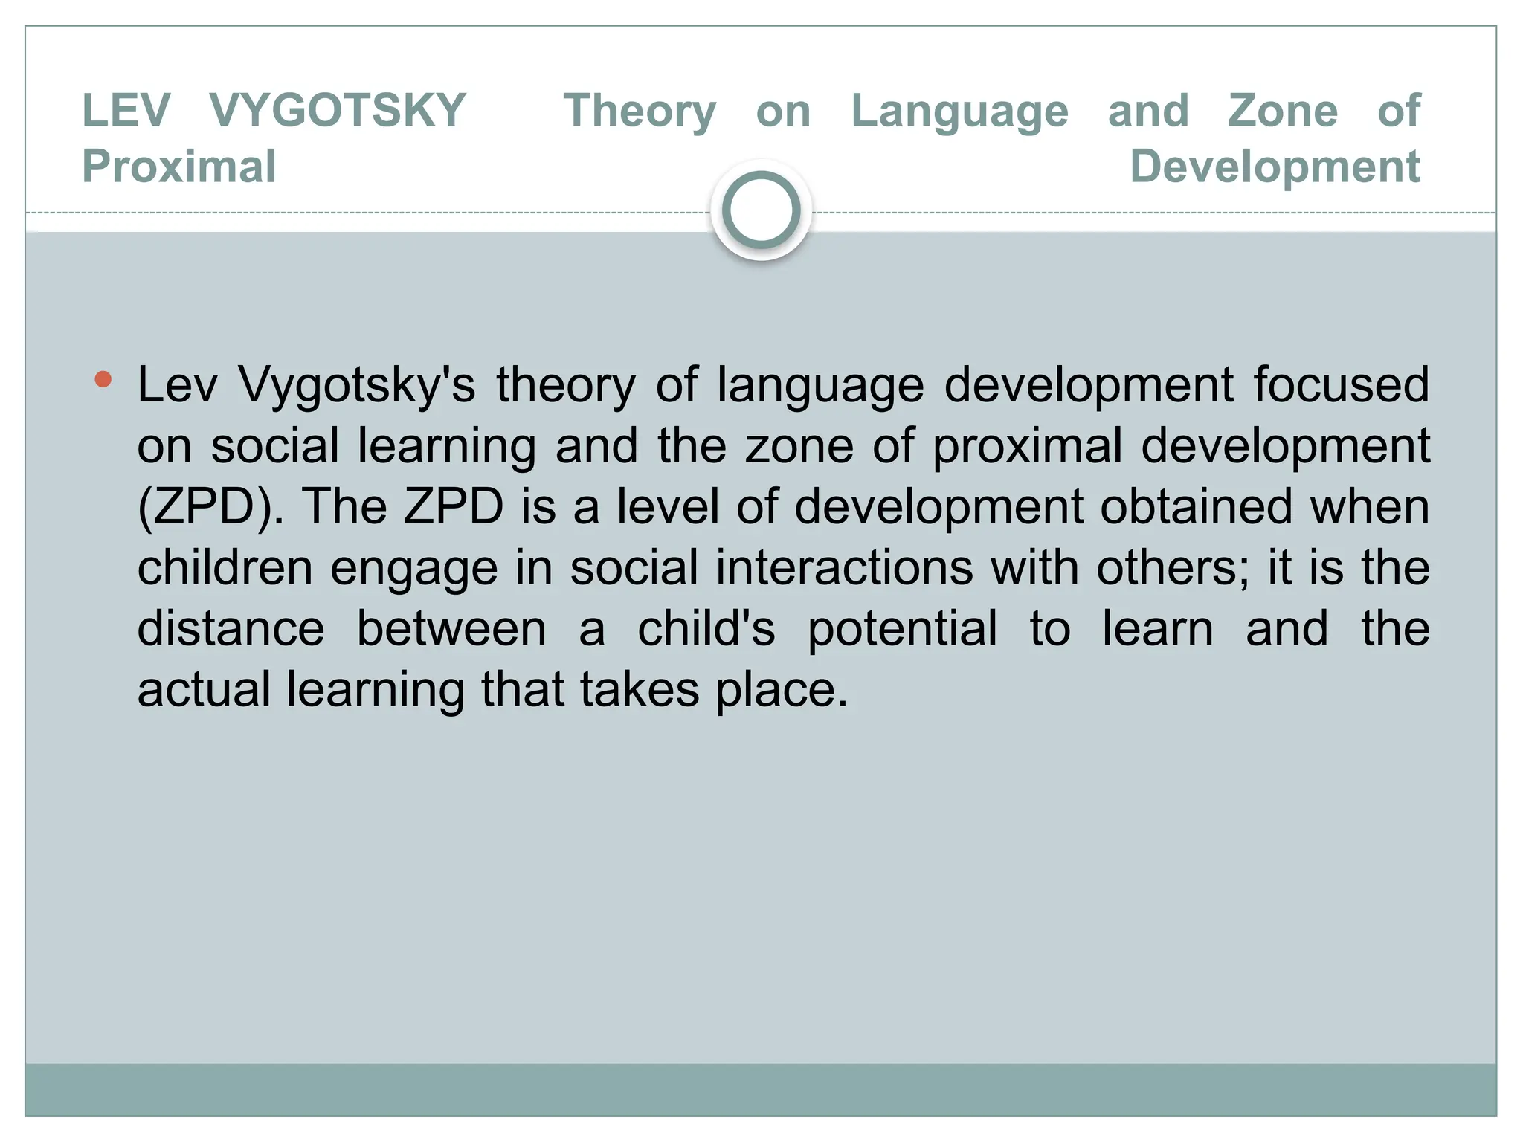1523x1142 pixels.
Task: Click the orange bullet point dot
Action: [x=103, y=381]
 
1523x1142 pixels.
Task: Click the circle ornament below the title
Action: [x=761, y=210]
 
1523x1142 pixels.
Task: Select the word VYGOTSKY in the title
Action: [x=337, y=111]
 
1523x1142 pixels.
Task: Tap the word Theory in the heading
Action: [x=640, y=111]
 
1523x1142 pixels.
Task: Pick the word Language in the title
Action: [x=959, y=111]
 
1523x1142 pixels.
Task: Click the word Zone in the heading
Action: [x=1283, y=111]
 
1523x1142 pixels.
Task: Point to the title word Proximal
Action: [x=179, y=166]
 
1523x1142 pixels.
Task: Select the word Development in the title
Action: [x=1275, y=166]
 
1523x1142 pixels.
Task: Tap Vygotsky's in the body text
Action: [x=357, y=385]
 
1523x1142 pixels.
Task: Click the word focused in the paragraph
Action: [x=1341, y=385]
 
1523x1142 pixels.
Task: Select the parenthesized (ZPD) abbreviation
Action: [x=210, y=507]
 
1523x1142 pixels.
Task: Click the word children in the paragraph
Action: [x=225, y=568]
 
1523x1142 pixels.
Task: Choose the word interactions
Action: [x=844, y=568]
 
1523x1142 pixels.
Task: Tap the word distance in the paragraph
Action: [x=231, y=629]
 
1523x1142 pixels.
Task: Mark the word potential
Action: [x=902, y=629]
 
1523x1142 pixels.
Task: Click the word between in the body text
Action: [x=451, y=629]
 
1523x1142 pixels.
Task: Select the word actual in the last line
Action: [x=204, y=690]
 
